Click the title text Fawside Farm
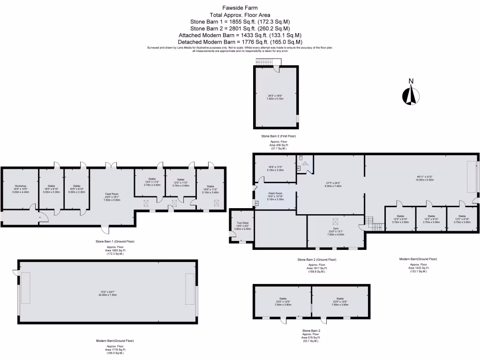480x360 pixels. click(x=240, y=8)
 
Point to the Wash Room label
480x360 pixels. click(x=275, y=193)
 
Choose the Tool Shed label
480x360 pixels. click(x=242, y=224)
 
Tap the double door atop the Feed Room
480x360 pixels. click(x=112, y=165)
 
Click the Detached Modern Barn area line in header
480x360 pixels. click(x=240, y=42)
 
